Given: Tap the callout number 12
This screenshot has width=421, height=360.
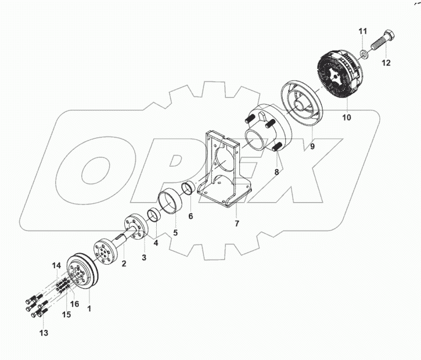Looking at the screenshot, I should (386, 62).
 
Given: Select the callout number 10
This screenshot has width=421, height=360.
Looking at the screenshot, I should (347, 117).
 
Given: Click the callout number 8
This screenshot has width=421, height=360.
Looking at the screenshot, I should (276, 172).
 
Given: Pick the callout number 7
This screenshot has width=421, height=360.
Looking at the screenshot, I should (236, 223).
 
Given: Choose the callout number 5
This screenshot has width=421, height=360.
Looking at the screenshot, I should (175, 232).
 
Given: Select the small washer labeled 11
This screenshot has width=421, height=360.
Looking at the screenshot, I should (362, 55).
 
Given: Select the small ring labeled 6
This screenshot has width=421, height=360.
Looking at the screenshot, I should (188, 189).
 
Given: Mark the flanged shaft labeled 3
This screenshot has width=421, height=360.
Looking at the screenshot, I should (135, 227).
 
